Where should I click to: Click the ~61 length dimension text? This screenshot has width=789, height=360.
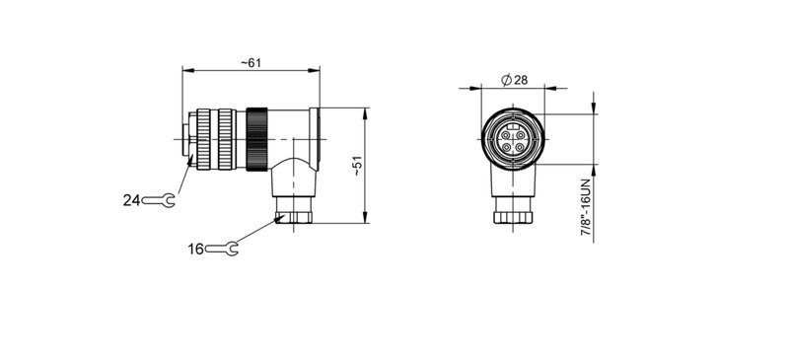(x=251, y=63)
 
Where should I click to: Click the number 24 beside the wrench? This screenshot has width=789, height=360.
(x=131, y=200)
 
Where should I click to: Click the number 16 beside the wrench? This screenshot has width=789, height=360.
(x=195, y=249)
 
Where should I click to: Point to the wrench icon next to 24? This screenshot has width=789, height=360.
(x=159, y=200)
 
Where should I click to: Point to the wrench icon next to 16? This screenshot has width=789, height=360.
(x=222, y=249)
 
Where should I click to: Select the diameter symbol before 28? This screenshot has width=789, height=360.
(x=505, y=79)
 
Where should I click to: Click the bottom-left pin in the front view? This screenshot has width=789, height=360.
(x=504, y=146)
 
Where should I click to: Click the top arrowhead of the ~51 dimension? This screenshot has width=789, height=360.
(x=366, y=110)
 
